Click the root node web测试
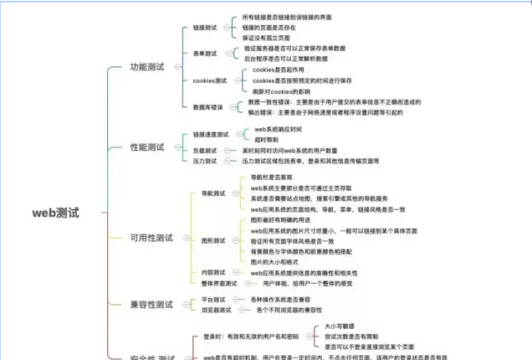[x=55, y=213]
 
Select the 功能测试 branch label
[x=146, y=66]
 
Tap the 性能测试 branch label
[x=146, y=147]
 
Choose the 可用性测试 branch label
[x=151, y=238]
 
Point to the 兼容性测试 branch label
[x=151, y=304]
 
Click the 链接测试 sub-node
[x=204, y=28]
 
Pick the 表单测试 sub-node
[x=204, y=54]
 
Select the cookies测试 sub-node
[x=209, y=80]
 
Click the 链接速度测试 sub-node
[x=210, y=134]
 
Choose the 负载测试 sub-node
[x=204, y=150]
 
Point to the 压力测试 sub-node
[x=204, y=161]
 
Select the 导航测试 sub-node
[x=213, y=193]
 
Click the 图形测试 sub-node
[x=213, y=240]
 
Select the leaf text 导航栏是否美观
[x=273, y=178]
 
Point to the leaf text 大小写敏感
[x=340, y=326]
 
